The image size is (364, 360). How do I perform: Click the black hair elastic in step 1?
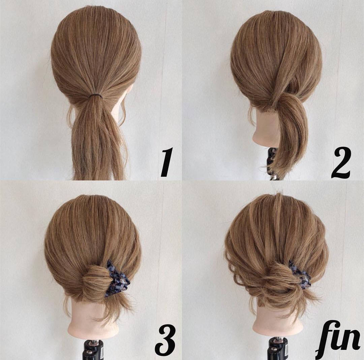point(95,95)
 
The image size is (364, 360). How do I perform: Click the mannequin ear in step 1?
point(128,98)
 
